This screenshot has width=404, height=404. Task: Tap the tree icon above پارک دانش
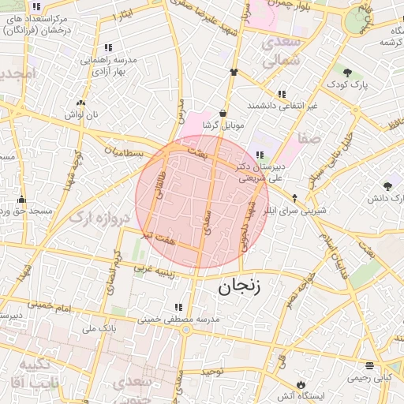[387, 186]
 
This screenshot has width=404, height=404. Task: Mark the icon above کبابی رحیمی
[370, 365]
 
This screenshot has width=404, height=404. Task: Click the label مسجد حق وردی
[24, 211]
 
